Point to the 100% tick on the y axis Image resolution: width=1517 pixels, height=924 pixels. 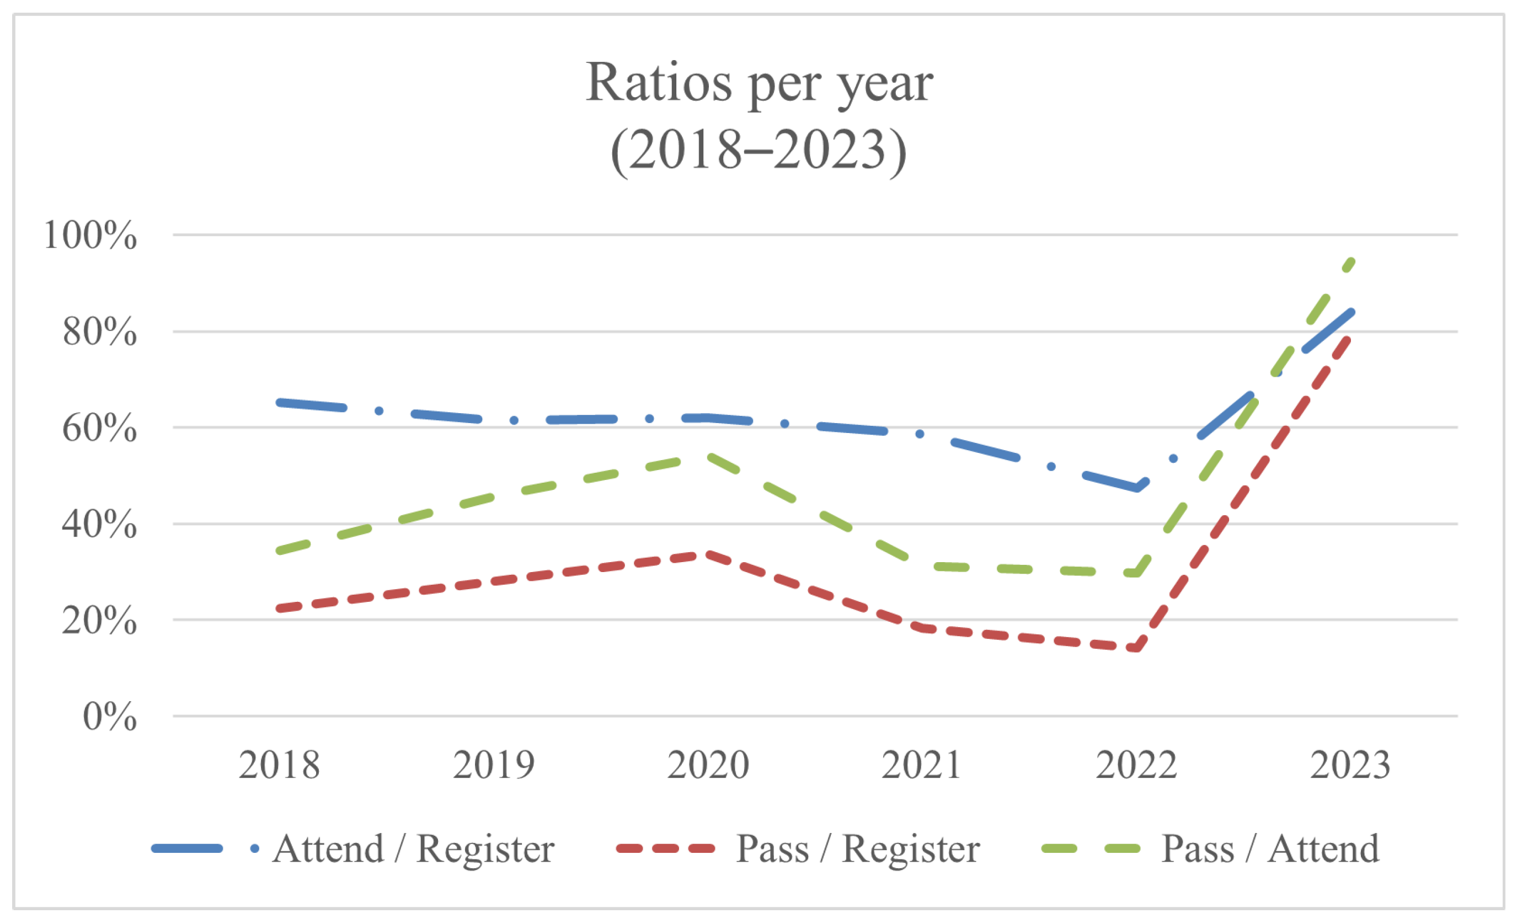90,234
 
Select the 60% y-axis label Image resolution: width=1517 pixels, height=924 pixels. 99,428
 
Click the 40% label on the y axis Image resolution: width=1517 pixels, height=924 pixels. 99,524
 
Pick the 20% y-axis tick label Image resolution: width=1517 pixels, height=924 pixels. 99,620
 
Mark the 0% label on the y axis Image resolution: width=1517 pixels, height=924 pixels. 110,716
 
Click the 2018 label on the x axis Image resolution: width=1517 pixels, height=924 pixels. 279,765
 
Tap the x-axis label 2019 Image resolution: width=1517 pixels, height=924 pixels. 493,765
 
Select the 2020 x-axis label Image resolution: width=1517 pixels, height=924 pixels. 708,765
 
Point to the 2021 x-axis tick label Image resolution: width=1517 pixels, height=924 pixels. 922,765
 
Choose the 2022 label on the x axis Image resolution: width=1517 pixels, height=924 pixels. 1136,765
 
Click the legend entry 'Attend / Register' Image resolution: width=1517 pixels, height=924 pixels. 413,850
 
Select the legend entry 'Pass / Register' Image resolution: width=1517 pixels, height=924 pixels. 858,850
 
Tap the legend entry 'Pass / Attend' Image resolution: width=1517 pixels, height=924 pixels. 1269,850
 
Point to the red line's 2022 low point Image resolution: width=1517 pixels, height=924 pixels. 1136,648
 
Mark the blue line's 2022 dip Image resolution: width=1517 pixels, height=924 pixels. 1136,488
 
